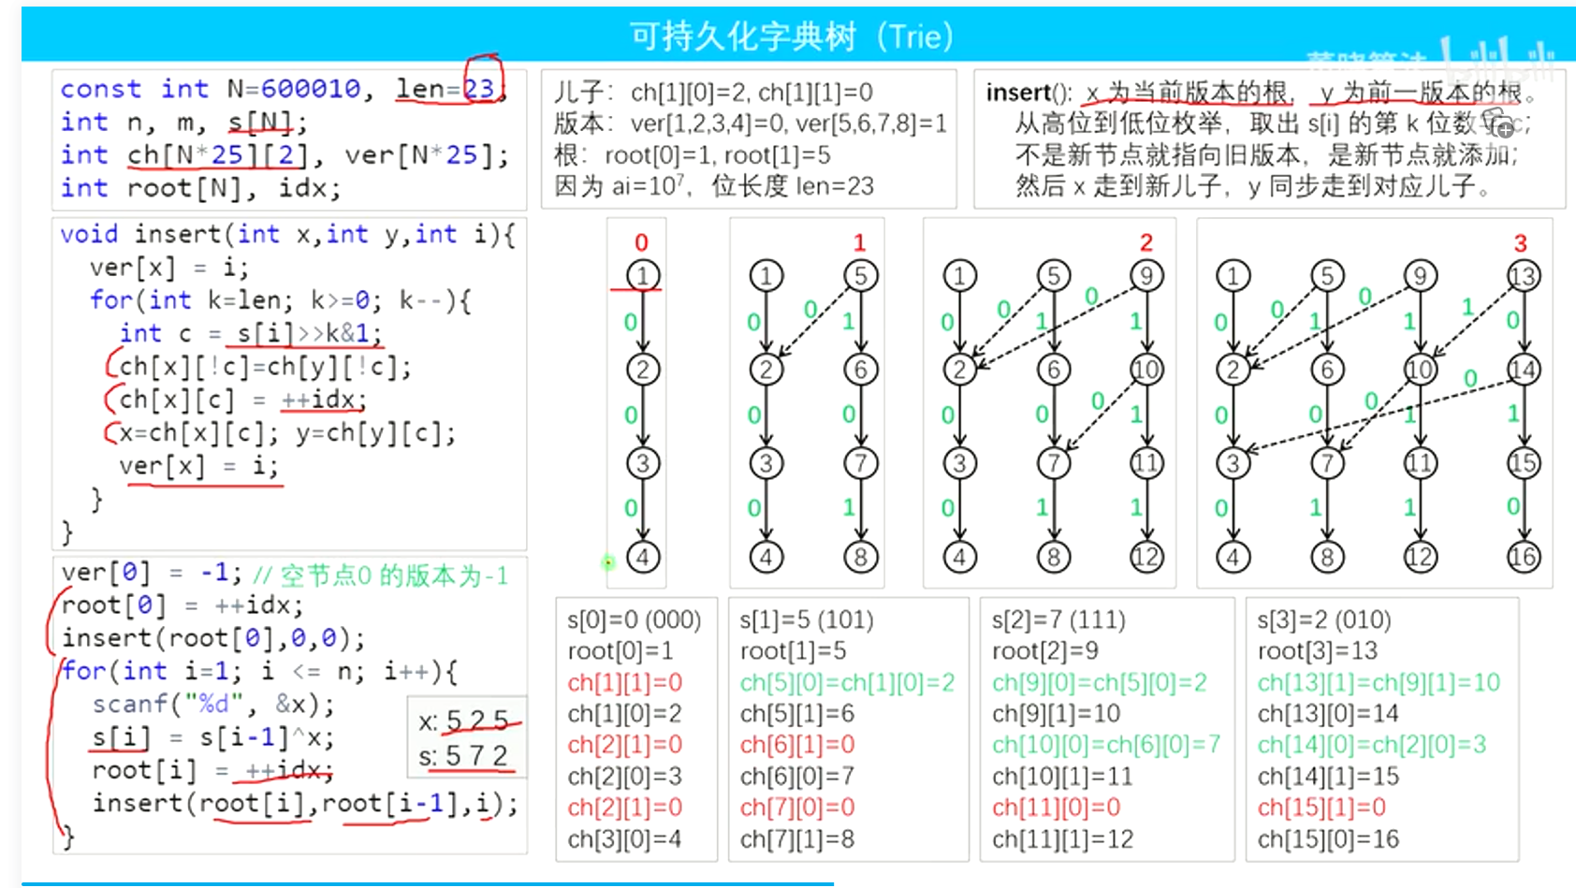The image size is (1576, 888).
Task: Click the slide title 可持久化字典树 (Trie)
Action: [791, 36]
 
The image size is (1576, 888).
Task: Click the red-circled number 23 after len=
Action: [481, 89]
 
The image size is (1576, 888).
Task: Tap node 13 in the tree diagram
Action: [1523, 276]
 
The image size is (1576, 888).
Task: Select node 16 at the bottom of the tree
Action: [1523, 558]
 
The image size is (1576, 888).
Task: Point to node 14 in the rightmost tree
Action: [1523, 370]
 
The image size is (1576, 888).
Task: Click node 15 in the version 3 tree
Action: [1523, 463]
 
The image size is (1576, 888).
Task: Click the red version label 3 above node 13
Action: [1520, 243]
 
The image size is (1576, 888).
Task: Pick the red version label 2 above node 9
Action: [1146, 243]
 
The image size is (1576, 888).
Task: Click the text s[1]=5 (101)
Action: [806, 620]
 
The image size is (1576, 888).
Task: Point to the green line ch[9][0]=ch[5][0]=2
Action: [1100, 683]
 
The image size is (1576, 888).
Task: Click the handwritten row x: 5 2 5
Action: [464, 721]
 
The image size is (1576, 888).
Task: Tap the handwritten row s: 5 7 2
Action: [464, 755]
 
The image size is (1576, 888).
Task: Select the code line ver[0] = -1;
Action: [151, 572]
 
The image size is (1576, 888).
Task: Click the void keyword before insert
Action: [89, 234]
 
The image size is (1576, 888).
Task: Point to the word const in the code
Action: [100, 89]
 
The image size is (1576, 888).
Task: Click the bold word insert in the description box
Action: [1018, 93]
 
